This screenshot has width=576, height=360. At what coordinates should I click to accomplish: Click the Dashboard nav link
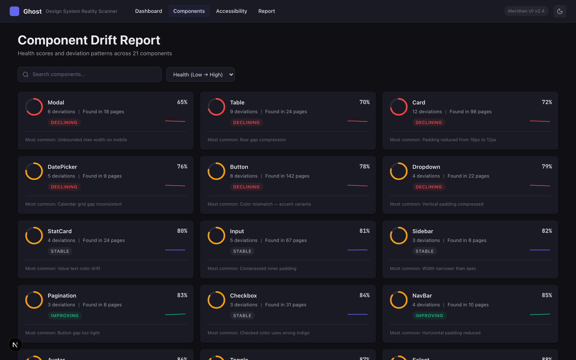(x=148, y=11)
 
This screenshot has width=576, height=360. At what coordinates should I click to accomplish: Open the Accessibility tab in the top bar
(x=231, y=11)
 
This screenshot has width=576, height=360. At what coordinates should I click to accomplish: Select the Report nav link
(x=266, y=11)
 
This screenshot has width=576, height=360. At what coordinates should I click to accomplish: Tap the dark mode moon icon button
(x=559, y=11)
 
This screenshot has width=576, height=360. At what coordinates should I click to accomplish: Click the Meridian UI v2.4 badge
(x=526, y=11)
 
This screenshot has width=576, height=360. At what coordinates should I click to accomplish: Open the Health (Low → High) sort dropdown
(x=201, y=75)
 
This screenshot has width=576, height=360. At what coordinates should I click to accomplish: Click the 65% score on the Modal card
(x=182, y=102)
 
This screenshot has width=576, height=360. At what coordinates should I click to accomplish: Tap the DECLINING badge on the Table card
(x=246, y=122)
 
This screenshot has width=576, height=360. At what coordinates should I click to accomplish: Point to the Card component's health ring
(x=399, y=107)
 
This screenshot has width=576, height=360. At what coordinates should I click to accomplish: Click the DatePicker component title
(x=62, y=167)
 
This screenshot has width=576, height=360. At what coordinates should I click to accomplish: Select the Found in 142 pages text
(x=287, y=176)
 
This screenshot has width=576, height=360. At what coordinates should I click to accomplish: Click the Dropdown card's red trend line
(x=540, y=186)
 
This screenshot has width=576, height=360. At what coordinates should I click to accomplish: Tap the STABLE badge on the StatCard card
(x=60, y=251)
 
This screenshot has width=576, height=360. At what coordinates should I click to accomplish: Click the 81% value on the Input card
(x=364, y=231)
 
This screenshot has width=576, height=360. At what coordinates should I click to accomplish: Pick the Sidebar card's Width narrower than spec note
(x=433, y=269)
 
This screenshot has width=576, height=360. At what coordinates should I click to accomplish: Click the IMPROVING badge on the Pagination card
(x=64, y=316)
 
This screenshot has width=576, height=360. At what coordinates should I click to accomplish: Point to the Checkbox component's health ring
(x=216, y=300)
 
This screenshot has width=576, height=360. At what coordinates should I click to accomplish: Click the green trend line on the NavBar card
(x=540, y=314)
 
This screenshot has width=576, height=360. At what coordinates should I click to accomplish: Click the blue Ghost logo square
(x=14, y=11)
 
